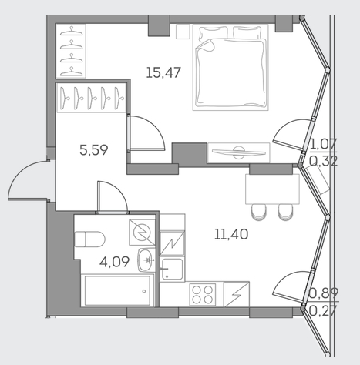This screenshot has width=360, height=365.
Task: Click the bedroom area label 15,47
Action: [163, 72]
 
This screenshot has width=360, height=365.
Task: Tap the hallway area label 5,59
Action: [94, 150]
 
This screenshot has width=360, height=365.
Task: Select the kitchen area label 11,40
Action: [231, 235]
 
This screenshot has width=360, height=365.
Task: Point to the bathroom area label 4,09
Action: [114, 262]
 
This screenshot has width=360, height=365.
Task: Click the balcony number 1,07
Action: [324, 144]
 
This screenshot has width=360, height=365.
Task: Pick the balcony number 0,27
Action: [323, 311]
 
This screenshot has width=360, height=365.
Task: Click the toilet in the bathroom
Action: [89, 239]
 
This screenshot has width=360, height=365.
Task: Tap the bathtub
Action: [117, 291]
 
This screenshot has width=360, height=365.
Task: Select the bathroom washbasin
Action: [146, 260]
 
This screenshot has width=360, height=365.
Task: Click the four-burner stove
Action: [203, 294]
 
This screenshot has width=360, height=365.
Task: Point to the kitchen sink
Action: [172, 269]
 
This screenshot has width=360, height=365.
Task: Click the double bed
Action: [230, 68]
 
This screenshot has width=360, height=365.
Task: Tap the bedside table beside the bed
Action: [183, 32]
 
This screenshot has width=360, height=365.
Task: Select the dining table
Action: [272, 189]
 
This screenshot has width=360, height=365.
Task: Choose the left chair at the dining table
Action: [259, 212]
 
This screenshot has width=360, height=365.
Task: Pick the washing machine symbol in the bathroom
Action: [142, 232]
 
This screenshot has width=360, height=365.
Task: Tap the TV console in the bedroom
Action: [239, 153]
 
